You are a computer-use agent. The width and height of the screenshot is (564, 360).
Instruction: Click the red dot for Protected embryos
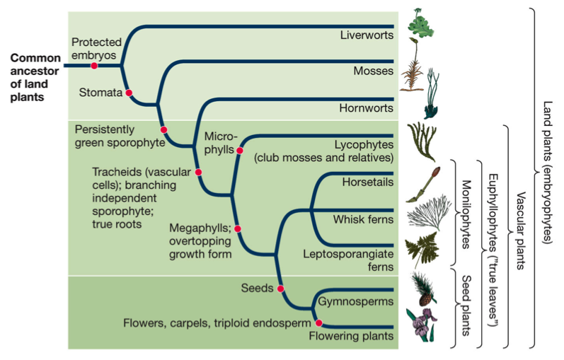pos(94,66)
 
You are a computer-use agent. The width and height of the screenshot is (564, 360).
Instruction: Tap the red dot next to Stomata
pos(129,93)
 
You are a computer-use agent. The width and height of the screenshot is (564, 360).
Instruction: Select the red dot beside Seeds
pos(280,289)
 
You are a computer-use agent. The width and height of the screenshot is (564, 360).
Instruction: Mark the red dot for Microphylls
pos(240,151)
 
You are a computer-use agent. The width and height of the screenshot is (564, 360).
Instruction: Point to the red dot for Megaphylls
pos(237,228)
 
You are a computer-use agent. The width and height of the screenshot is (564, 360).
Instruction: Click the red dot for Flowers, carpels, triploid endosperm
pos(318,323)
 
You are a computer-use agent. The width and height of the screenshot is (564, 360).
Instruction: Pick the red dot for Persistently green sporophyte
pos(163,130)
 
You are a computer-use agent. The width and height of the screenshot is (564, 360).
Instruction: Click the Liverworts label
pos(367,35)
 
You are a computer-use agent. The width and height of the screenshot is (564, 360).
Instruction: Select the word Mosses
pos(374,71)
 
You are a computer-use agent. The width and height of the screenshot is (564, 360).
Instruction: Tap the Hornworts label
pos(366,108)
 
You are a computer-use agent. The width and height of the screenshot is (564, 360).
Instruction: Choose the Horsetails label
pos(368,182)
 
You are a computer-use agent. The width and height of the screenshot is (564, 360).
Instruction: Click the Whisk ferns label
pos(363,219)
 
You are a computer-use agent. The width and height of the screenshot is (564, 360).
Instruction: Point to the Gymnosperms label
pos(356,301)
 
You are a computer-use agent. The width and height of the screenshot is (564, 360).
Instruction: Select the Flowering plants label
pos(351,336)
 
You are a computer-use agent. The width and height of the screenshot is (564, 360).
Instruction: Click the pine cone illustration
pos(423,289)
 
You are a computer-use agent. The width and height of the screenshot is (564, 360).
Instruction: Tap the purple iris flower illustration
pos(421,325)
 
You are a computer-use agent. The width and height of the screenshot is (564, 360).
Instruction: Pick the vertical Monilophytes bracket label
pos(466,214)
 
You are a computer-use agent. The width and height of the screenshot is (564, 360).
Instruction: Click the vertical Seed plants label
pos(466,306)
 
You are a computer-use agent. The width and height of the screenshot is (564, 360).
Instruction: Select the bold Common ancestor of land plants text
pos(35,77)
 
